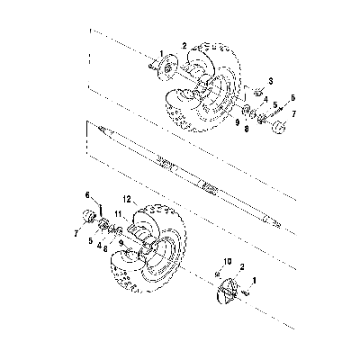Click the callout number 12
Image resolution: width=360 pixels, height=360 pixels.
tap(127, 199)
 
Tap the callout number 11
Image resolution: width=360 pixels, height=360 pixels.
tap(118, 213)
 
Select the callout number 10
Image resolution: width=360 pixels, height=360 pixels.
tap(227, 262)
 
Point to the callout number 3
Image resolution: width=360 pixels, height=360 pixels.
tap(270, 81)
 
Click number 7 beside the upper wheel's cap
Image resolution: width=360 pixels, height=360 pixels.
tap(294, 113)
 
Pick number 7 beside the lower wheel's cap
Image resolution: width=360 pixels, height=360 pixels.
tap(76, 233)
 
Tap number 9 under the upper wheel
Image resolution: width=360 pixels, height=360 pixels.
tap(237, 122)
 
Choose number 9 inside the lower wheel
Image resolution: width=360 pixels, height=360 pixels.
tap(121, 242)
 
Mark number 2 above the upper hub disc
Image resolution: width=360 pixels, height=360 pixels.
tap(184, 46)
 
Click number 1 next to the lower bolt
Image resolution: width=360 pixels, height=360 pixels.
tap(255, 281)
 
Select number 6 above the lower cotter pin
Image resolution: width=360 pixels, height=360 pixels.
tap(87, 195)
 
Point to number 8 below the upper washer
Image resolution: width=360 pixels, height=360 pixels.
tap(247, 130)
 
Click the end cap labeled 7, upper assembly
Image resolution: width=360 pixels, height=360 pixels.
tap(278, 127)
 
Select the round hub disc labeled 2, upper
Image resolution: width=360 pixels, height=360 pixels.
tap(168, 67)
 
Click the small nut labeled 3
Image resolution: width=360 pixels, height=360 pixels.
tap(257, 92)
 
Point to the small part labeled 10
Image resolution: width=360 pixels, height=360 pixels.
tap(217, 274)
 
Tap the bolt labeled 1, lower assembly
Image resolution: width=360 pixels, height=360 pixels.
tap(247, 292)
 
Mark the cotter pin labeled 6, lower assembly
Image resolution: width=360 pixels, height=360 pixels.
tap(102, 210)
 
